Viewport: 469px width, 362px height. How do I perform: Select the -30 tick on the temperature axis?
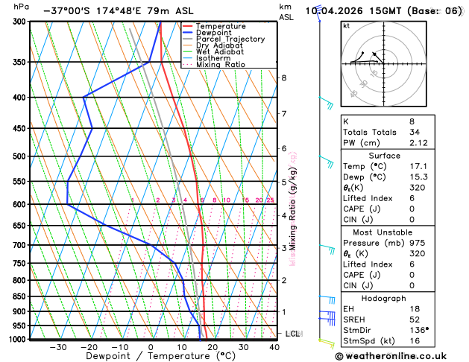(58, 347)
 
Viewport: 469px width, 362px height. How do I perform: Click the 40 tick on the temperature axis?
(274, 347)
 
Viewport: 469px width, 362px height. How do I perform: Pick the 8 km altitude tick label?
(283, 78)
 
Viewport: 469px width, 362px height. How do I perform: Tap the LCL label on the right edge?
(292, 334)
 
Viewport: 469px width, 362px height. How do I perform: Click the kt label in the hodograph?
(347, 25)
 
